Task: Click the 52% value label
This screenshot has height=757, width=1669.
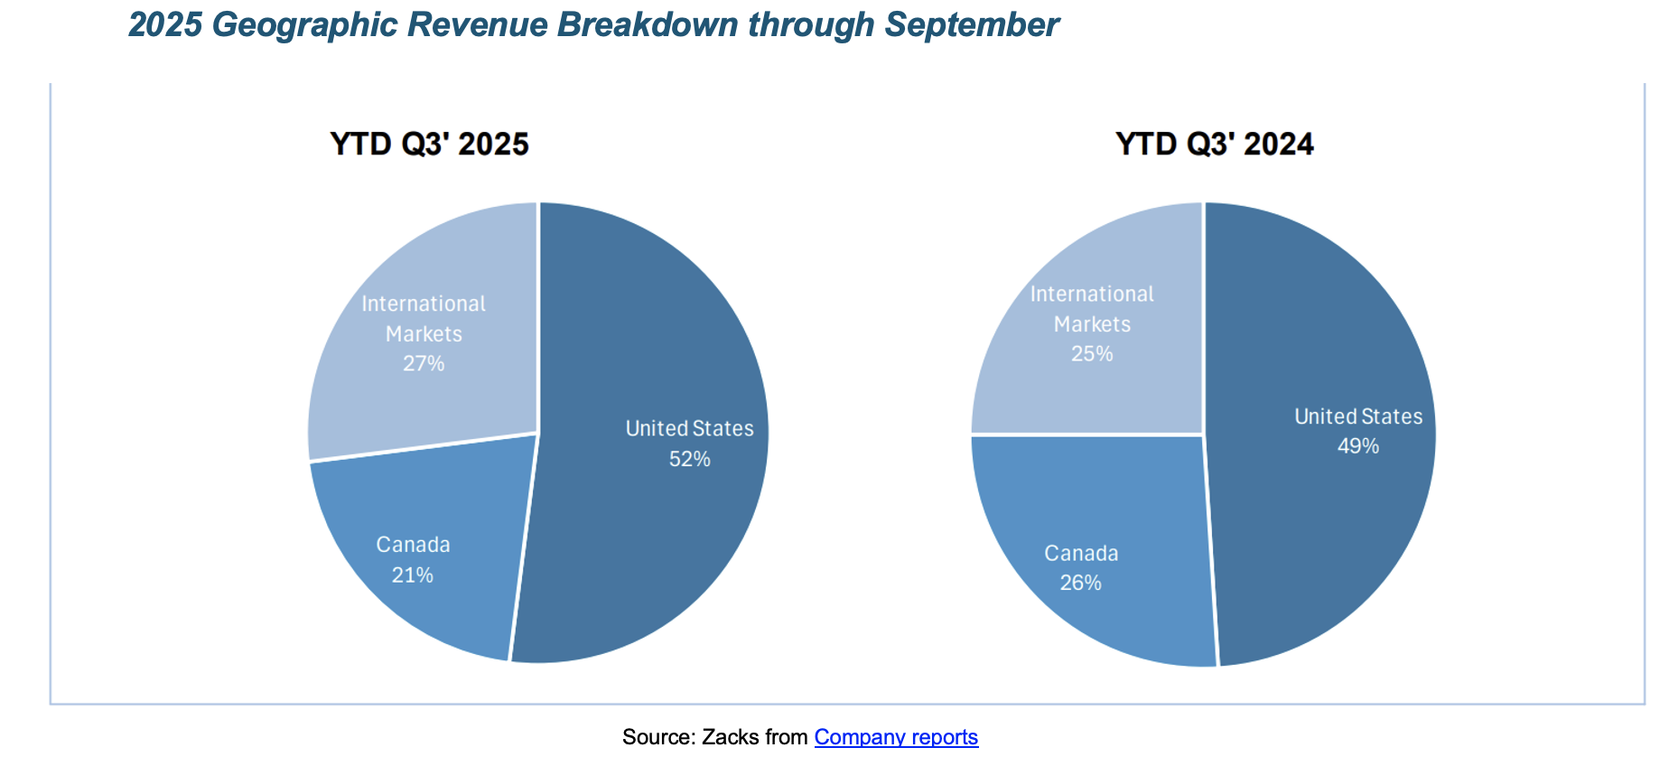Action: pos(689,459)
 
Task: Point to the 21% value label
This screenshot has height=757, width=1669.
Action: pos(413,575)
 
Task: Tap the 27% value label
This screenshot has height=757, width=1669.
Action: pos(424,364)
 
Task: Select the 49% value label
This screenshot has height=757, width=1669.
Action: pos(1357,446)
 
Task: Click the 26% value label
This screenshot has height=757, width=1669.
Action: pos(1081,584)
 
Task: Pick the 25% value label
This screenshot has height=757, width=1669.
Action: pos(1092,354)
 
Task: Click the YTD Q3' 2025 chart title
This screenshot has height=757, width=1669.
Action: pos(429,145)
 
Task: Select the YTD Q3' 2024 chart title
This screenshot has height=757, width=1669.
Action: pos(1214,145)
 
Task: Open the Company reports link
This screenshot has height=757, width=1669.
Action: pos(896,737)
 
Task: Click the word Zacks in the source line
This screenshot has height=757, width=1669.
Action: pos(731,737)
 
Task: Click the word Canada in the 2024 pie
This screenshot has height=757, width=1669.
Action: pos(1081,554)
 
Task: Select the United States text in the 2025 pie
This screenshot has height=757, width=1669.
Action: pos(689,429)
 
